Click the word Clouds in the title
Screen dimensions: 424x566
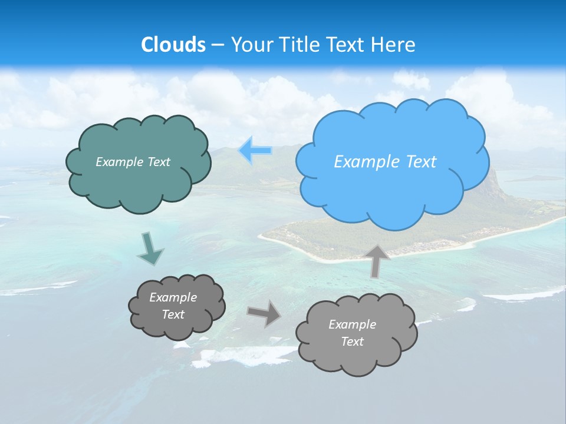[x=173, y=45]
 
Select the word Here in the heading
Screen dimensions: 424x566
[x=395, y=45]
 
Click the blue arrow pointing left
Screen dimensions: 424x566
[x=255, y=151]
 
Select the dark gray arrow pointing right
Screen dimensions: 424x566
[x=264, y=313]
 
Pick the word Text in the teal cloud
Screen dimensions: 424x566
[x=159, y=162]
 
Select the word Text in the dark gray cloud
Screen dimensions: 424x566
[x=173, y=314]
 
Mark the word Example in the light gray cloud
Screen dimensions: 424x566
[x=352, y=324]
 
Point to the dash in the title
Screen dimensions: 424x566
[x=218, y=45]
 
